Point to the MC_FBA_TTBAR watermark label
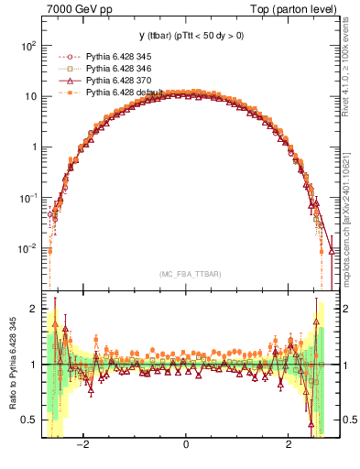point(186,273)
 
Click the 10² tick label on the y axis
point(28,46)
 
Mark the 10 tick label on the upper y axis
point(30,96)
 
